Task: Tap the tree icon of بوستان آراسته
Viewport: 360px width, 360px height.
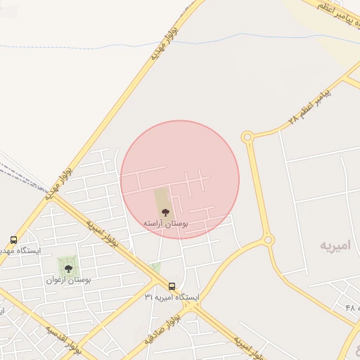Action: (165, 212)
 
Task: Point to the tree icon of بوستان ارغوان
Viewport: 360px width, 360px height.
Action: (68, 268)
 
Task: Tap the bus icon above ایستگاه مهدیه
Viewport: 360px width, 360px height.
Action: (13, 240)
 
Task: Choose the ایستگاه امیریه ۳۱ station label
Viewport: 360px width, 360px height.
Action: (172, 297)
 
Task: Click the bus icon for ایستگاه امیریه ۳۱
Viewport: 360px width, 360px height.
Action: (172, 286)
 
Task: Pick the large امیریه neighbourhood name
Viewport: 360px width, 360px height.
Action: (335, 245)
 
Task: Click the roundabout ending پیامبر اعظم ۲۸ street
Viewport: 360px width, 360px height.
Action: (247, 137)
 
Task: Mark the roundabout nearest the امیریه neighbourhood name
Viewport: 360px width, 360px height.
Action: (268, 241)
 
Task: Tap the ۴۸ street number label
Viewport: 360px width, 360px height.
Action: (351, 307)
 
